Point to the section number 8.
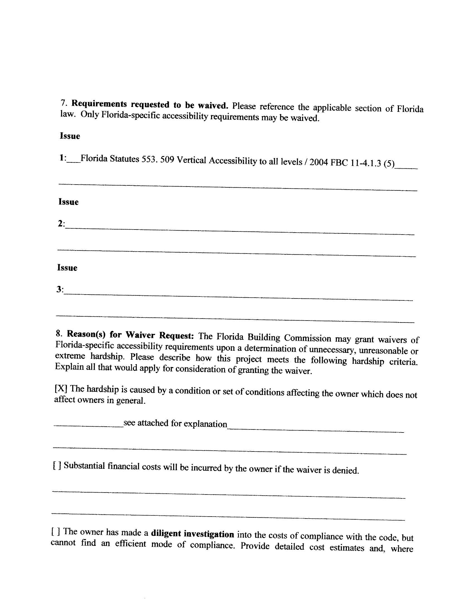(59, 333)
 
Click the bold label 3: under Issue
(60, 289)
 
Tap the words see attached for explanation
(175, 423)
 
